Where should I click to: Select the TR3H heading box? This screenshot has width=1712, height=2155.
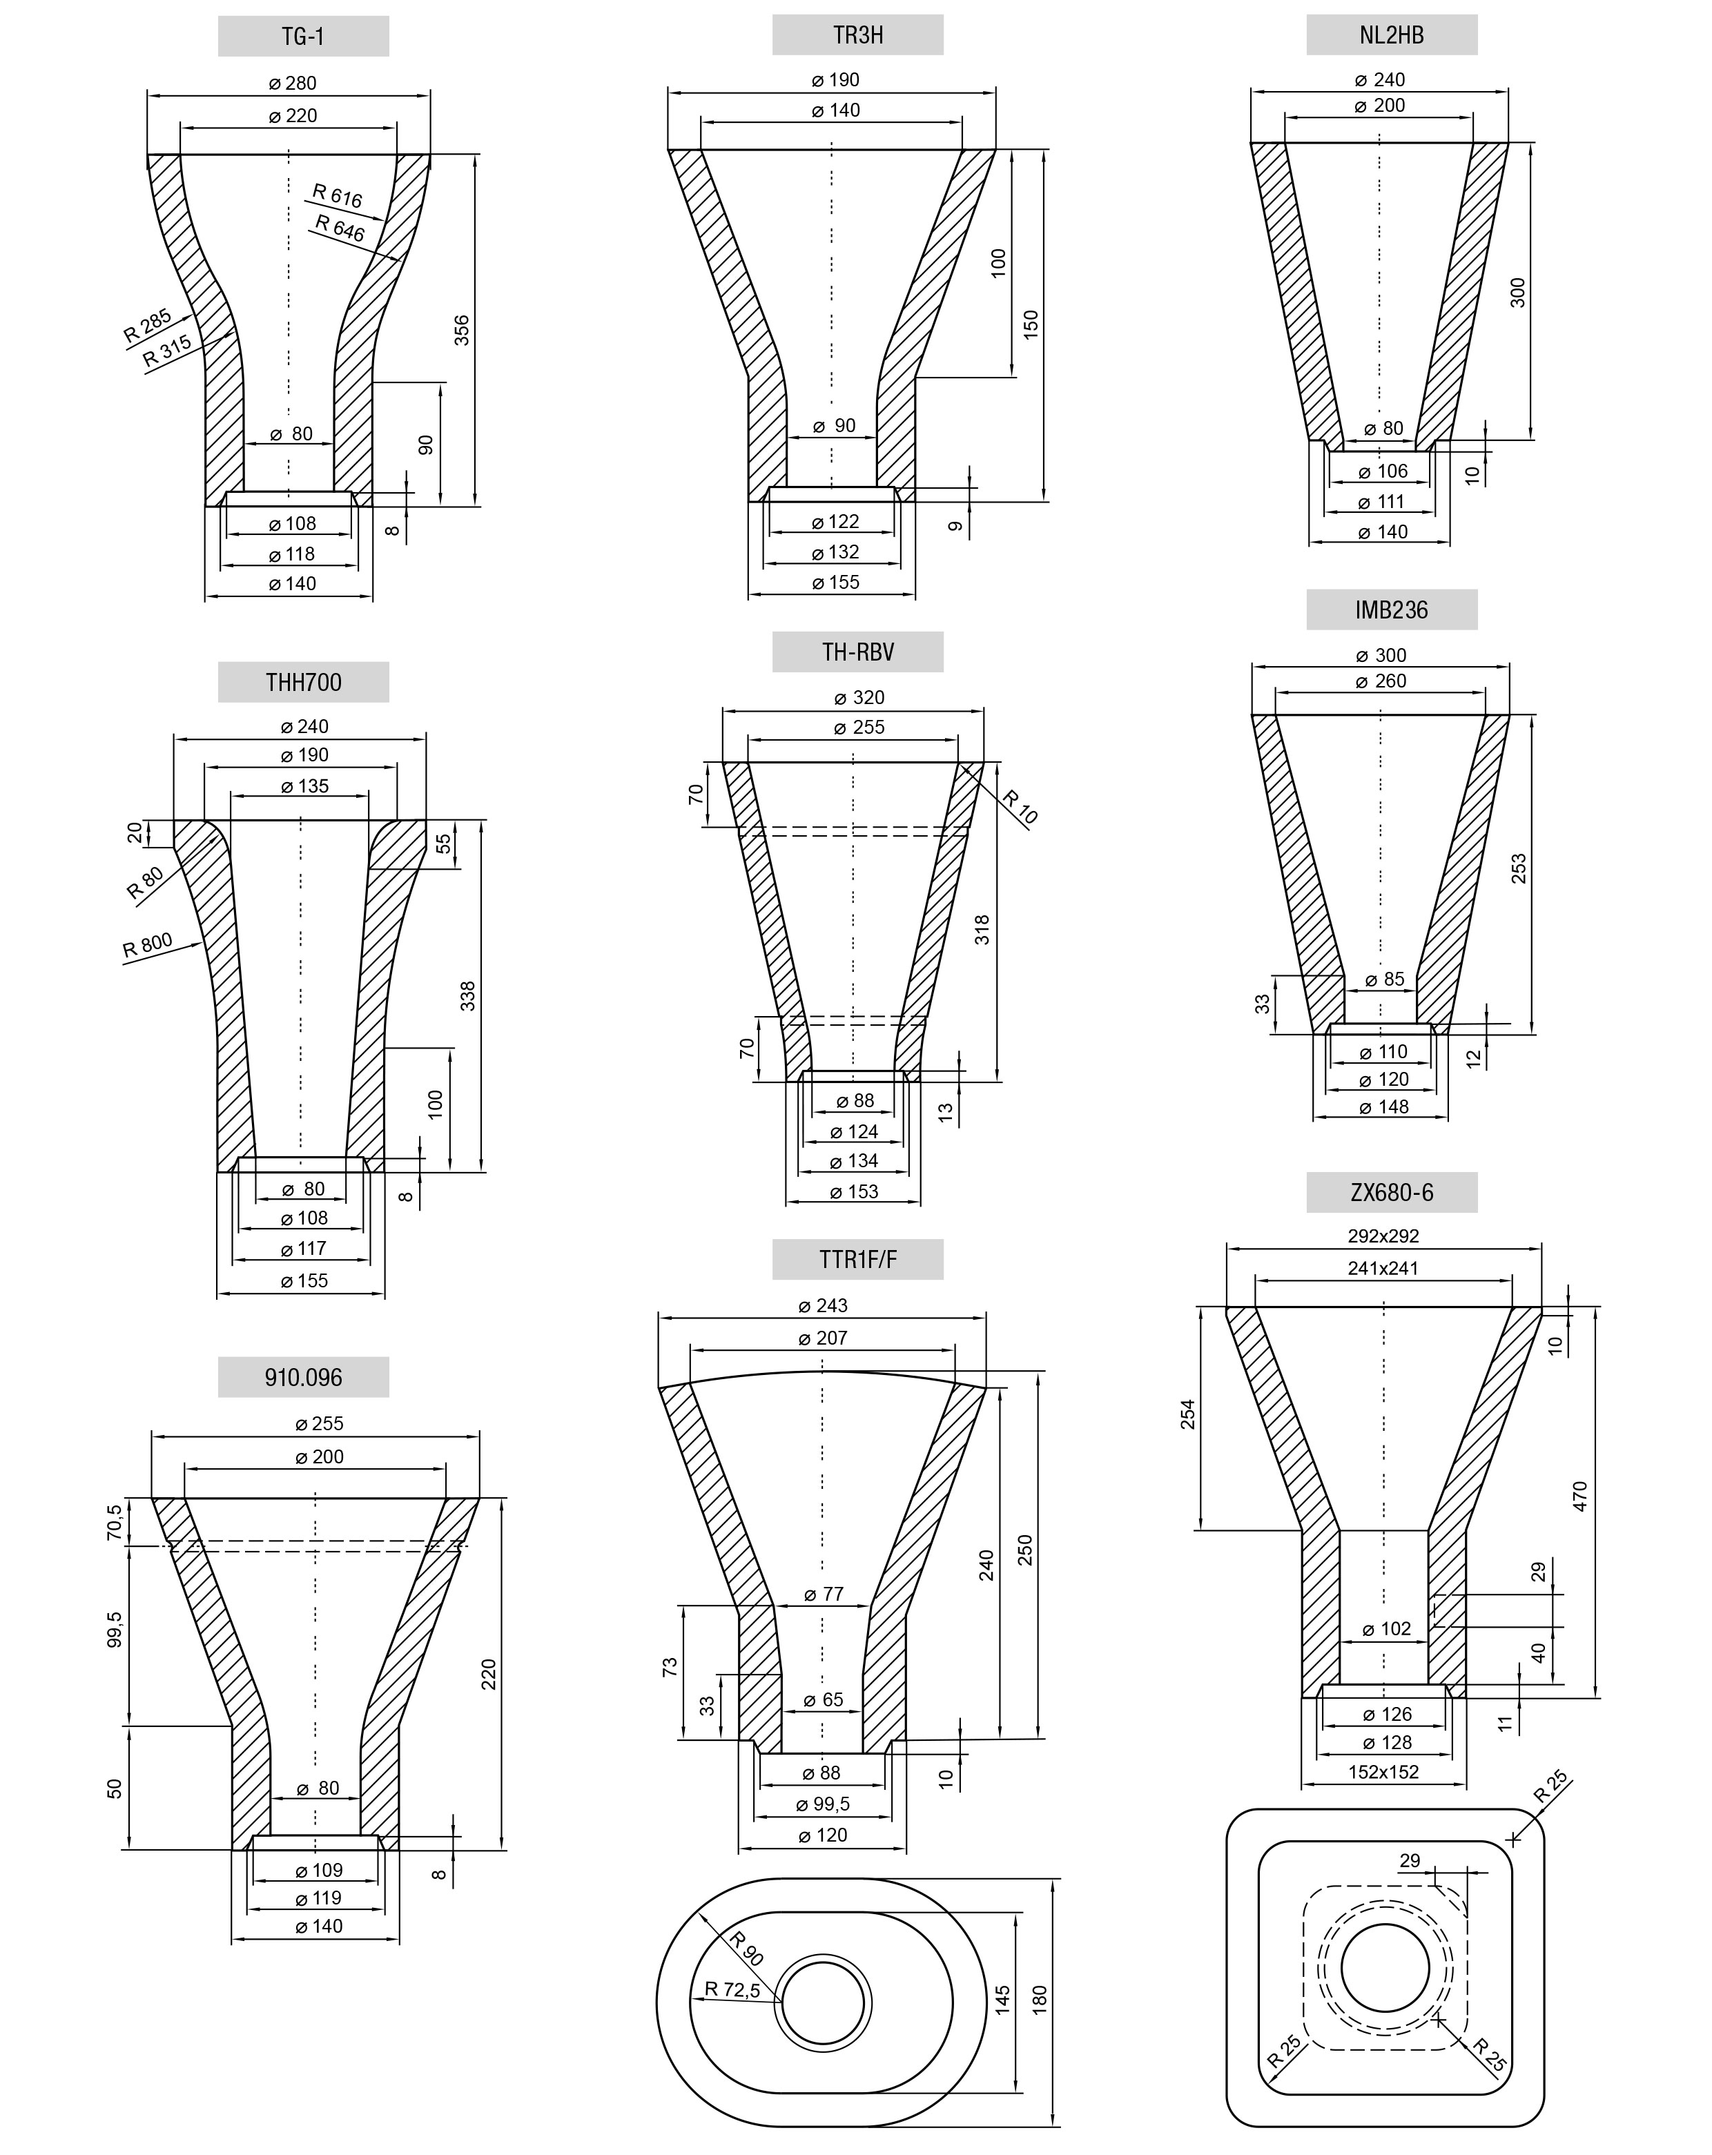click(857, 35)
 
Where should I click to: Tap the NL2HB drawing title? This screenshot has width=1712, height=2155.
click(1391, 35)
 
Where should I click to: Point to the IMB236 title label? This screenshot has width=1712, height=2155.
click(1391, 610)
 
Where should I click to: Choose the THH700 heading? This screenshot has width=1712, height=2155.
click(303, 682)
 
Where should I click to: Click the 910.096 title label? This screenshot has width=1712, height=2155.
click(303, 1377)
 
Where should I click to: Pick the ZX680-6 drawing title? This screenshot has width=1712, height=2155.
click(1391, 1193)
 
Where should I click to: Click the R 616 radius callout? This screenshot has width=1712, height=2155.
click(338, 196)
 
